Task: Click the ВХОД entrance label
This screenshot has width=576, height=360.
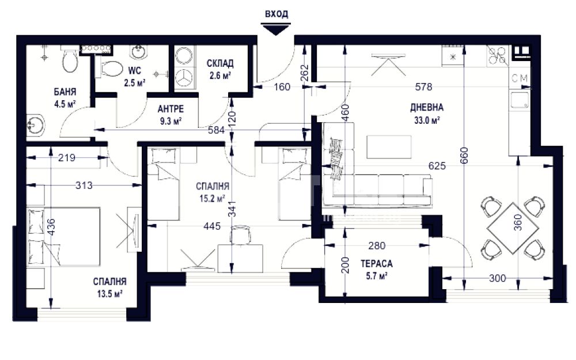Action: tap(276, 14)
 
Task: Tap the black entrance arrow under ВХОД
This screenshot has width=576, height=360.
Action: tap(276, 29)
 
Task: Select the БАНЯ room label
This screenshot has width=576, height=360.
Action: tap(65, 92)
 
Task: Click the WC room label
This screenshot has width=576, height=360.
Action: tap(134, 70)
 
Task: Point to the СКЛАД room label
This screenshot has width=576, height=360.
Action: tap(220, 63)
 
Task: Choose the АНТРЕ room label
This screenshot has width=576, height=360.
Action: tap(171, 109)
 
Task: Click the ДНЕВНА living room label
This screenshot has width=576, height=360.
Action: tap(427, 108)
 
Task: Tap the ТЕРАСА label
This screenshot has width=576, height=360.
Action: tap(377, 264)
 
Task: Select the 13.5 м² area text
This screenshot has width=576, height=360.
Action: tap(109, 294)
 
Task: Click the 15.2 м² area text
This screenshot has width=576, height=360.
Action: tap(212, 199)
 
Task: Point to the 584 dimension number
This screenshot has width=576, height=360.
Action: tap(217, 130)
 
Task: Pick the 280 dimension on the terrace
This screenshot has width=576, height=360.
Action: tap(377, 245)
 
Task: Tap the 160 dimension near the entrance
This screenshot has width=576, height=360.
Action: tap(282, 87)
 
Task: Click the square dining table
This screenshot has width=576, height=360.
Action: tap(513, 228)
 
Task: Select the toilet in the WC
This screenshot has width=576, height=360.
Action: tap(110, 69)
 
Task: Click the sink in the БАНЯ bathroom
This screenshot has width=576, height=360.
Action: tap(36, 125)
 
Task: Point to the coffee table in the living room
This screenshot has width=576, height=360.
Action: tap(389, 147)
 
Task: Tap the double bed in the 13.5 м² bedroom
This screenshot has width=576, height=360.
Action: tap(64, 237)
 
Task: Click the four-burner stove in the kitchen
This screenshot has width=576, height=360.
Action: tap(498, 56)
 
